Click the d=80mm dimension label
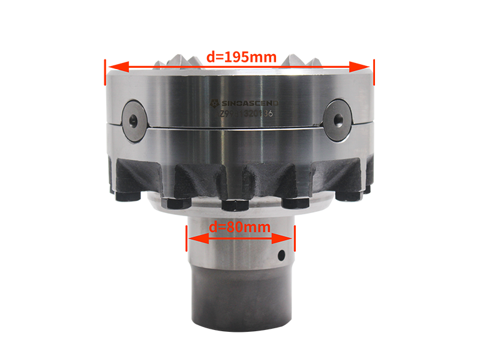[x=239, y=227]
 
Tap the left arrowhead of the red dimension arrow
[x=193, y=239]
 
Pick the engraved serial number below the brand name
[x=246, y=113]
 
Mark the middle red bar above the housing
[x=242, y=58]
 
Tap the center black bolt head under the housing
[x=235, y=205]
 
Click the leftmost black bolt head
[x=124, y=197]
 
